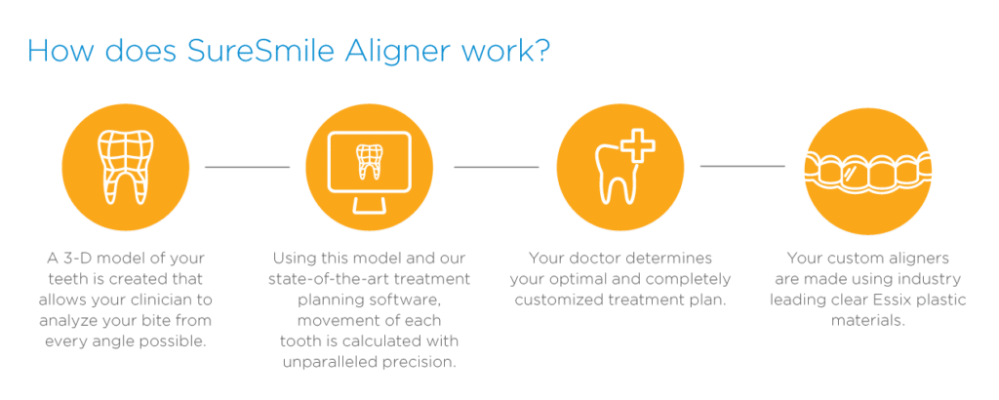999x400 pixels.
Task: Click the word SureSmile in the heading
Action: point(259,52)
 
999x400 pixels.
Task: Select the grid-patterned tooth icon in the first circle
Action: point(125,168)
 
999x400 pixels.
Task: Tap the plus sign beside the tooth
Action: point(637,146)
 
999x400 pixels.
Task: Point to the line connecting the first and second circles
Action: point(247,167)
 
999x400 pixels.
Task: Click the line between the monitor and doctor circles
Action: point(496,167)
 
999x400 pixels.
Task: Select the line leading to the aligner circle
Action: point(742,167)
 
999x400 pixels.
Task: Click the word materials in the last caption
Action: point(867,320)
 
